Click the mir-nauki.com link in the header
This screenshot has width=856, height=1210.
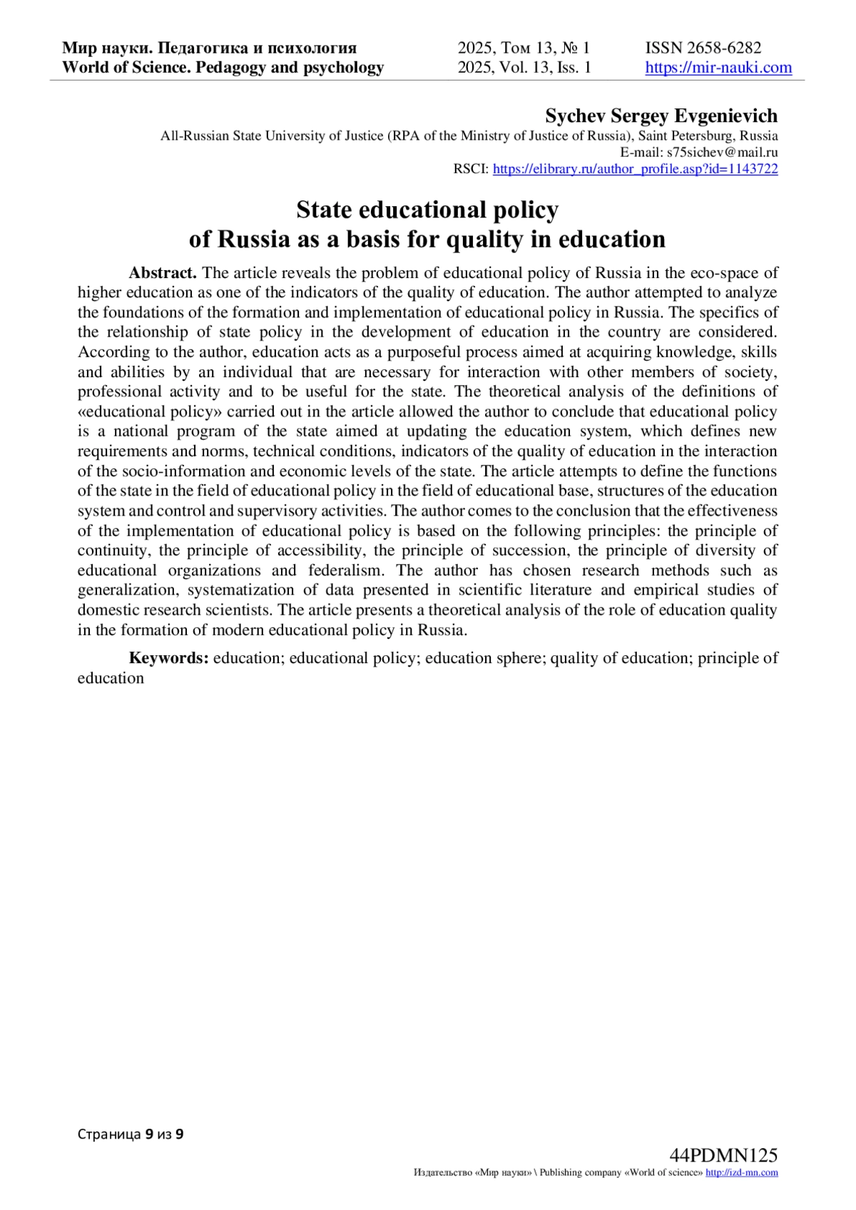tap(718, 68)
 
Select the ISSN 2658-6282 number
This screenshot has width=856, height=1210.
tap(703, 48)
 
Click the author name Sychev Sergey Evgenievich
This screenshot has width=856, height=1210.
tap(661, 116)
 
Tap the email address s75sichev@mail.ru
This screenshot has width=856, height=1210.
tap(722, 152)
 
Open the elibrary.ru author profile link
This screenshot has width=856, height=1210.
tap(635, 169)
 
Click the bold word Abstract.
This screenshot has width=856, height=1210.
tap(163, 272)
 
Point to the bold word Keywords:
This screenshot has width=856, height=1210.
tap(169, 657)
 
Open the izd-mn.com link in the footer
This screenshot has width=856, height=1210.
tap(741, 1173)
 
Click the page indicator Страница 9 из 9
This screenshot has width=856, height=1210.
tap(131, 1134)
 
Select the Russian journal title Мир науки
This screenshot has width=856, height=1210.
tap(106, 48)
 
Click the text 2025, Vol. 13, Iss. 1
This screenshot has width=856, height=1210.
tap(524, 68)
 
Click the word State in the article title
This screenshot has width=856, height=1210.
tap(324, 210)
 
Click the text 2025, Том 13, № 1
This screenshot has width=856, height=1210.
tap(524, 48)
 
